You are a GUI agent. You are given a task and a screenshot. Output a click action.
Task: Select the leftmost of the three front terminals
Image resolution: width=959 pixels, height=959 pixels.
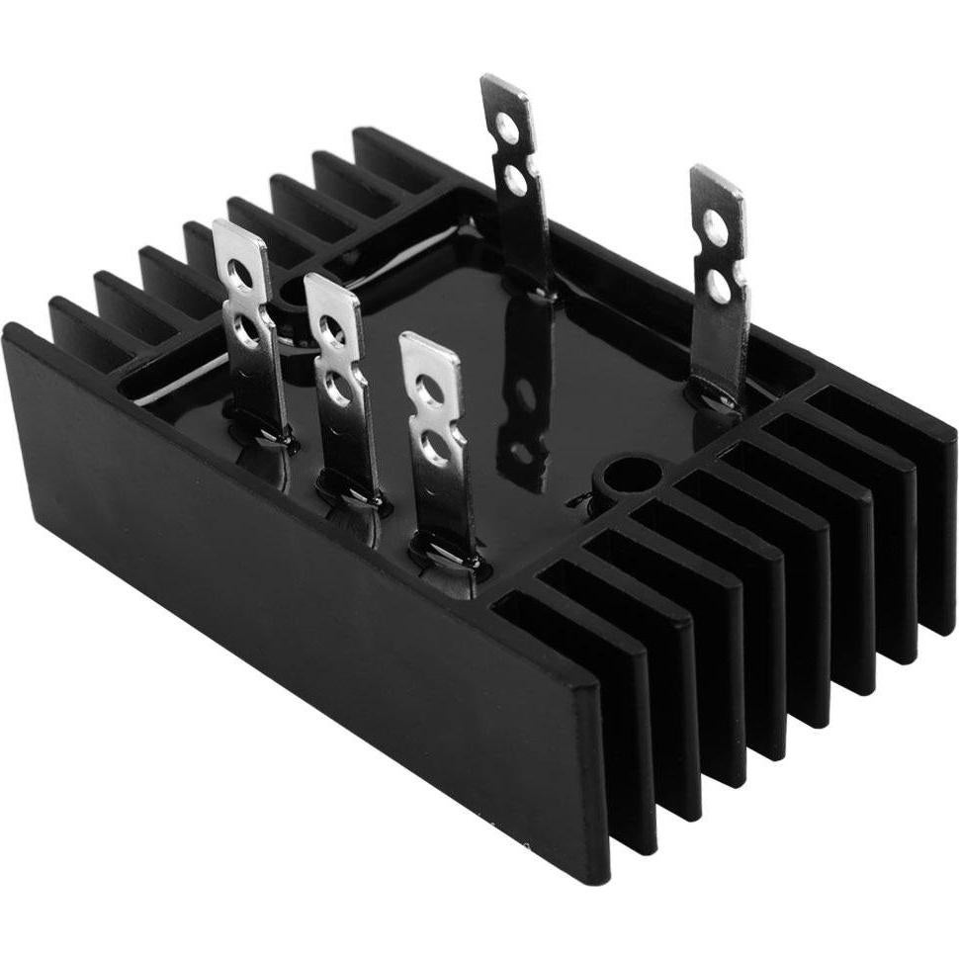(x=248, y=326)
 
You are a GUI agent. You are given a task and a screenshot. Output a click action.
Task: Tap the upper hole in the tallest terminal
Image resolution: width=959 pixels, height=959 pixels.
(x=506, y=125)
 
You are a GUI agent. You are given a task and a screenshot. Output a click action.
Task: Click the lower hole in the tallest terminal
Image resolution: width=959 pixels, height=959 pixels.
(x=515, y=179)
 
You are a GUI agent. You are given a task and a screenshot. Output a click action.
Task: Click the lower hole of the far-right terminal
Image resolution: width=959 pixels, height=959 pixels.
(x=720, y=287)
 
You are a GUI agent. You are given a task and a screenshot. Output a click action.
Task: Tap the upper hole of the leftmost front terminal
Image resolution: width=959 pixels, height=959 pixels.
(x=240, y=274)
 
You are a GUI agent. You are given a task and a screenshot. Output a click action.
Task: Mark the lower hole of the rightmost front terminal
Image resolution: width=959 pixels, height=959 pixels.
(x=436, y=450)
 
